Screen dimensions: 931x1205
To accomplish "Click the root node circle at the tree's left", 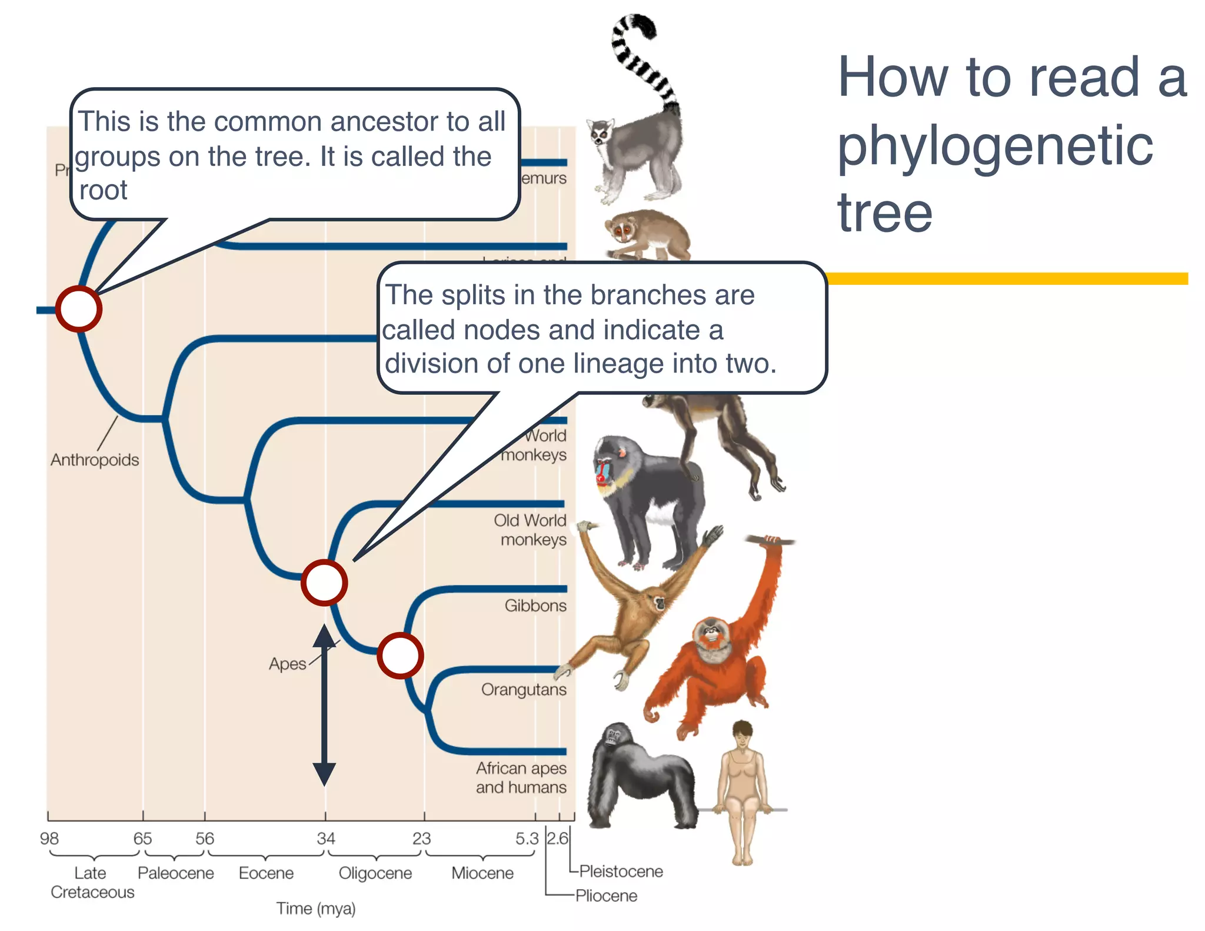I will click(79, 309).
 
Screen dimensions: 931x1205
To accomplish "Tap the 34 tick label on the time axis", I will click(326, 838).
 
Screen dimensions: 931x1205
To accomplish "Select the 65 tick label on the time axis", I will click(142, 838).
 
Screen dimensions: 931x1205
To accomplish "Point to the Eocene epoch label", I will click(266, 873).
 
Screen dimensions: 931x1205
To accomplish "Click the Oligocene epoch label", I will click(375, 873).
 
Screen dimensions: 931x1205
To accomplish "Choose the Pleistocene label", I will click(621, 871).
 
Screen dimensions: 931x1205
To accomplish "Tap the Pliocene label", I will click(606, 896).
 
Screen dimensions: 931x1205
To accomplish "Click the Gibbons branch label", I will click(535, 606).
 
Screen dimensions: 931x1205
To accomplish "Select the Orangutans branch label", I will click(524, 689).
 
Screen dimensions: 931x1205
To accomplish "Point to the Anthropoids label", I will click(95, 460).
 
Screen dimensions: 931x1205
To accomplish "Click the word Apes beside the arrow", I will click(287, 664).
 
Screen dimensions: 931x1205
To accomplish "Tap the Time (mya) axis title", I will click(316, 909).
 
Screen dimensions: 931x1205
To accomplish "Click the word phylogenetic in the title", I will click(994, 146).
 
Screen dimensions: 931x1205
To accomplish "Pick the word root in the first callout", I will click(103, 190).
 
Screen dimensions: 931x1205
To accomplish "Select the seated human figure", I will click(743, 789).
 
